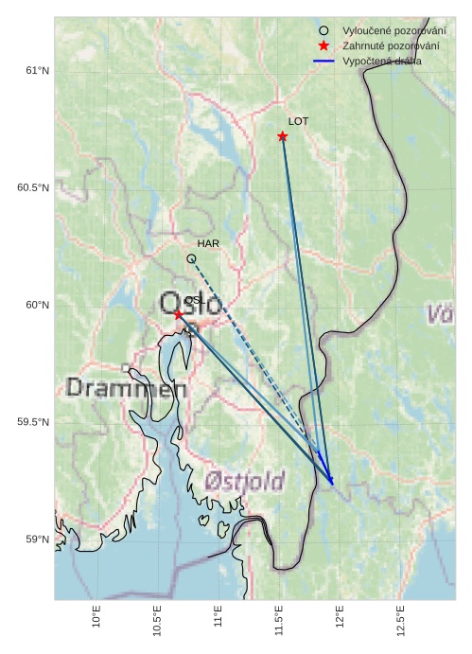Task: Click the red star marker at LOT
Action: tap(283, 136)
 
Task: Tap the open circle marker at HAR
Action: tap(191, 258)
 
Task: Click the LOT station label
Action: tap(298, 122)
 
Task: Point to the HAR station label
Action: tap(208, 244)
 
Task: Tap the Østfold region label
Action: tap(244, 482)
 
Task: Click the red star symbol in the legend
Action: tap(324, 46)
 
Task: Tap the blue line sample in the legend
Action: tap(324, 62)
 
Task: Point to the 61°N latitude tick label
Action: tap(36, 71)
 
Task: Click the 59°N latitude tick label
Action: tap(36, 539)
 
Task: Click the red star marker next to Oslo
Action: tap(178, 314)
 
